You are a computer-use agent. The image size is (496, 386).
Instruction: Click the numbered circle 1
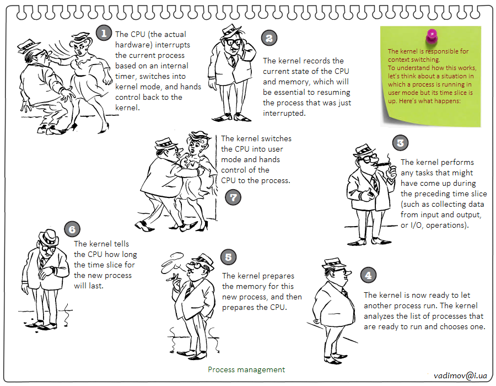pos(104,33)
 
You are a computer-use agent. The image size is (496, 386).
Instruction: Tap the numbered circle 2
pos(269,38)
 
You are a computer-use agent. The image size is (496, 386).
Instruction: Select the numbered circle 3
pos(400,143)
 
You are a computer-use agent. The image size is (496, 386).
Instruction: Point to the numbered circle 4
pos(368,275)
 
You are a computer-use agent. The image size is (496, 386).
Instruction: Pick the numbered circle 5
pos(228,257)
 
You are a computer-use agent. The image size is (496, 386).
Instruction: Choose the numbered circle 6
pos(72,229)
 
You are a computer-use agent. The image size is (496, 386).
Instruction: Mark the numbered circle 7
pos(233,197)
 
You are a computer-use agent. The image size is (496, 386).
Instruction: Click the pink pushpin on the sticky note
pos(432,36)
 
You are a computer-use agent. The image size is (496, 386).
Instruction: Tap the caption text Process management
pos(246,369)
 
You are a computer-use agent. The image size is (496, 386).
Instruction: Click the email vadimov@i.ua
pos(460,376)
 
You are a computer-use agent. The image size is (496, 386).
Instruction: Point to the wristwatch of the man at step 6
pos(52,269)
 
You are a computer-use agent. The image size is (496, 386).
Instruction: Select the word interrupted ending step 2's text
pos(284,113)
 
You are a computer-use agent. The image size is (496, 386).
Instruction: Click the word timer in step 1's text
pos(125,76)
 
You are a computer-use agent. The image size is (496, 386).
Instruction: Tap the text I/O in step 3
pos(417,226)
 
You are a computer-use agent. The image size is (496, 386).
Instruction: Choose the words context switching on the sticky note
pos(414,60)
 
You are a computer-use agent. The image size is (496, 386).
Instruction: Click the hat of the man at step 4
pos(335,263)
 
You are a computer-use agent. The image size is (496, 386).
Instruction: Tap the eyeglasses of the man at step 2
pos(234,41)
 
